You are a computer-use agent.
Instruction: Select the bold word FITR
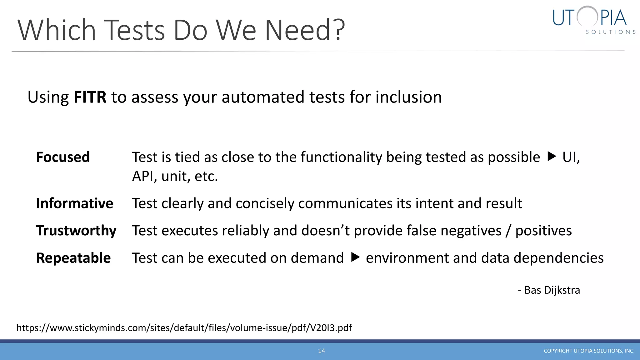90,97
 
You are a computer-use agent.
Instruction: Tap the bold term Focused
63,157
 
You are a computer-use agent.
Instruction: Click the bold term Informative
74,203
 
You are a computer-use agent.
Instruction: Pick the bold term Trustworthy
76,231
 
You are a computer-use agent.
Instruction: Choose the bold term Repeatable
73,258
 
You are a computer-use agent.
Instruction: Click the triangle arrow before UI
552,156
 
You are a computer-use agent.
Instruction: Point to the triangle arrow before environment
355,257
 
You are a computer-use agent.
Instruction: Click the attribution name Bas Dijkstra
552,290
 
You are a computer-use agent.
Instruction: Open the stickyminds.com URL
184,327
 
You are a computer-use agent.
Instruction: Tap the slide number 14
322,351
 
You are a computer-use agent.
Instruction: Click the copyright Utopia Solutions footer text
589,351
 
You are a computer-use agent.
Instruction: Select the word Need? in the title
305,30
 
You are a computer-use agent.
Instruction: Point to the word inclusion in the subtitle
408,97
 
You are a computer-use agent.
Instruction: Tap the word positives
543,231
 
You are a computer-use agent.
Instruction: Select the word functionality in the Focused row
341,157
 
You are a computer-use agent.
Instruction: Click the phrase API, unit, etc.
175,176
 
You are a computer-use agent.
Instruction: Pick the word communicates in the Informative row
345,203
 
